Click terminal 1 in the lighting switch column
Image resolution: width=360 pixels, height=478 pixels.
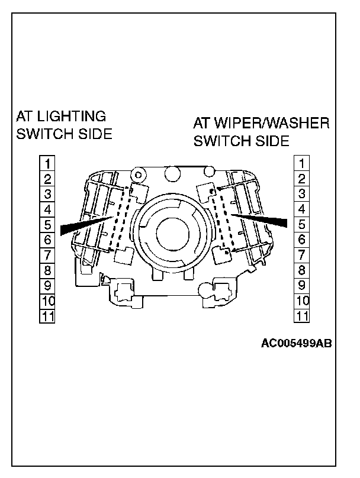pyautogui.click(x=47, y=163)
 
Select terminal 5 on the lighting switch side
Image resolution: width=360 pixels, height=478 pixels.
pyautogui.click(x=47, y=224)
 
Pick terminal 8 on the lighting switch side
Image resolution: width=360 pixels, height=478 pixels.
pyautogui.click(x=47, y=270)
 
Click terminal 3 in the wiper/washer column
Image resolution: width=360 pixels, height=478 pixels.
pyautogui.click(x=302, y=193)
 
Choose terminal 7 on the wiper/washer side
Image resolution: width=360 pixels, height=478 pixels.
pyautogui.click(x=302, y=255)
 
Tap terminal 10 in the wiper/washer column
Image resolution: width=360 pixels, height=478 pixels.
pyautogui.click(x=302, y=301)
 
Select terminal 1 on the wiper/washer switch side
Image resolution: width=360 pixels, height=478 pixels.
pyautogui.click(x=302, y=163)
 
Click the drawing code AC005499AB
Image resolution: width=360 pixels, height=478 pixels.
pyautogui.click(x=295, y=343)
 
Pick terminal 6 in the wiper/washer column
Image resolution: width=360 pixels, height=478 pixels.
pyautogui.click(x=302, y=240)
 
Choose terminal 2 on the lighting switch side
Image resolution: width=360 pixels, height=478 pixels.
pyautogui.click(x=47, y=178)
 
